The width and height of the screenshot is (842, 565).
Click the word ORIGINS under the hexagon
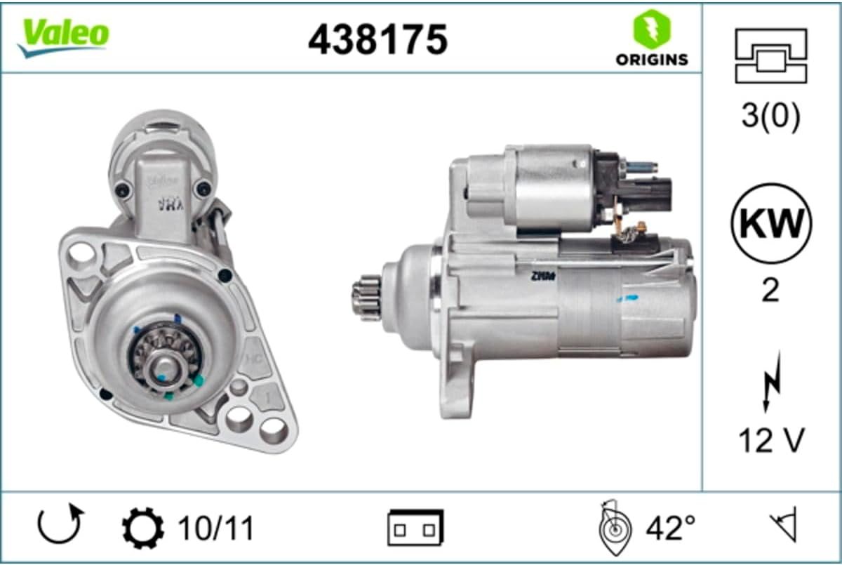pos(652,60)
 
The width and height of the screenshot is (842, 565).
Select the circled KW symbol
pos(771,223)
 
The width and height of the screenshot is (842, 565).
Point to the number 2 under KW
pos(770,289)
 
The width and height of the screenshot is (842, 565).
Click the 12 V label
pos(770,440)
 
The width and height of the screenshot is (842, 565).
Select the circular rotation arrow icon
pos(60,525)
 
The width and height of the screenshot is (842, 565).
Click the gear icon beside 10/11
pos(142,529)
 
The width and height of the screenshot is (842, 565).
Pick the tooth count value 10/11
pos(215,529)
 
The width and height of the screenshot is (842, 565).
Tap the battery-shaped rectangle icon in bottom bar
pos(415,528)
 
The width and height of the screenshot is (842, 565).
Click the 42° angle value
pos(670,528)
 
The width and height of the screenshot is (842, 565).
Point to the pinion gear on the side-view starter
pos(366,298)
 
